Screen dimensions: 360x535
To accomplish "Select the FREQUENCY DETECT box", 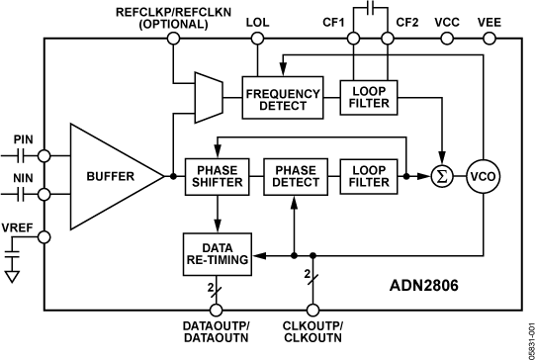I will point(283,94).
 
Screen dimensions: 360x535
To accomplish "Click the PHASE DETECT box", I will point(296,174).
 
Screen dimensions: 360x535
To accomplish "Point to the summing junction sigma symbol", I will point(437,175).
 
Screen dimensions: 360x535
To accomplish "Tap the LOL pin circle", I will point(257,40).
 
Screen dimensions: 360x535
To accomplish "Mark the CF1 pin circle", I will point(353,40).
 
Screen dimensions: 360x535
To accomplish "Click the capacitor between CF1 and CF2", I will point(369,11).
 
